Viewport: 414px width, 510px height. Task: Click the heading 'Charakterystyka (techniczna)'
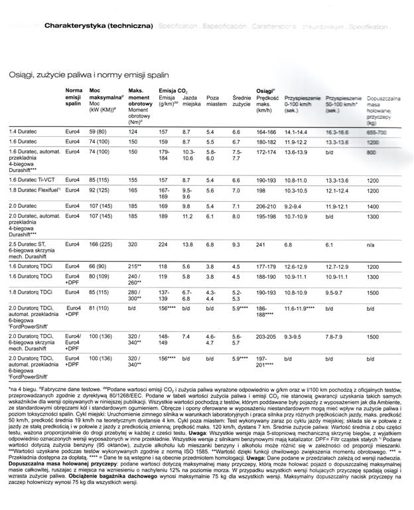(x=98, y=26)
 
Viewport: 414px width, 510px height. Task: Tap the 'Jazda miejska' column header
(x=191, y=100)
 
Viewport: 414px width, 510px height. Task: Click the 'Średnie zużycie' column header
(x=241, y=100)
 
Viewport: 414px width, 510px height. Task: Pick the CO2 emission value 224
(x=163, y=244)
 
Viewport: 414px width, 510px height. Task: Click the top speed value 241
(x=261, y=244)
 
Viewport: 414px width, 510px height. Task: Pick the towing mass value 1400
(x=373, y=207)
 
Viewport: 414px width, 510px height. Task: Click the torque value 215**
(x=135, y=266)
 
